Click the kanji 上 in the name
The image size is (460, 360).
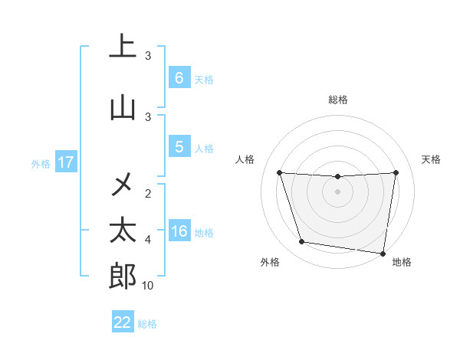[123, 47]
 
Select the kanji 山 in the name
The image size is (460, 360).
[123, 109]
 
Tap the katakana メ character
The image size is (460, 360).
[123, 183]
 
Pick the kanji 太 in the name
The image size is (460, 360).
[123, 231]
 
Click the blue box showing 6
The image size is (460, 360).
[179, 78]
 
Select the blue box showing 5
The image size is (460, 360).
[179, 148]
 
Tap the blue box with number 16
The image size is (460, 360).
[179, 232]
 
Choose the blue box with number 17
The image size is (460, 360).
[65, 162]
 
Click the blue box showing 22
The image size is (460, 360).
[123, 322]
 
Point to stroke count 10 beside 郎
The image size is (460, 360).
[148, 286]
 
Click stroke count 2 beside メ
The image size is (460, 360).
[148, 193]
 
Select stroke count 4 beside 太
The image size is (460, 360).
[148, 240]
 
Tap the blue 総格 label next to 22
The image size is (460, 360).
[147, 324]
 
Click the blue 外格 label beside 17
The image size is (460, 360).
[41, 163]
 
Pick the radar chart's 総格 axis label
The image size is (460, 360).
[338, 100]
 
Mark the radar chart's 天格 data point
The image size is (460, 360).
[396, 172]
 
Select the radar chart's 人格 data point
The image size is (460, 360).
[279, 172]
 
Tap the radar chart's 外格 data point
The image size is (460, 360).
[302, 242]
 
